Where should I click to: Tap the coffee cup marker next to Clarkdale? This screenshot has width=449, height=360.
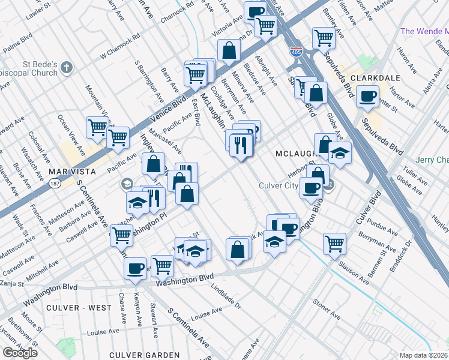(367, 96)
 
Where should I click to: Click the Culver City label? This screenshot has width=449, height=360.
(278, 185)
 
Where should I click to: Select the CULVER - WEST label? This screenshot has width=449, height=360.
(82, 308)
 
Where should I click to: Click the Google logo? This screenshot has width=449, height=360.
(20, 352)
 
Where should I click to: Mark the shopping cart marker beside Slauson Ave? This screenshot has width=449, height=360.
(334, 243)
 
